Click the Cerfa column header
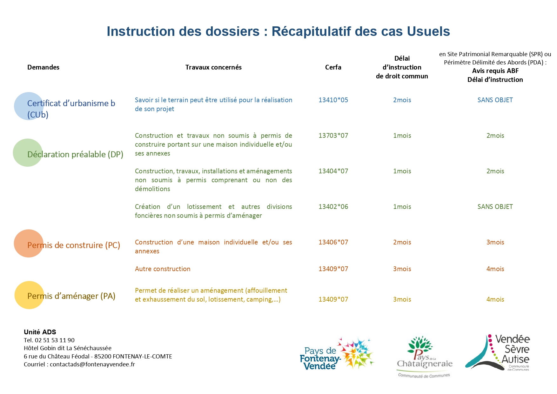(333, 67)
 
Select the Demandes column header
(43, 67)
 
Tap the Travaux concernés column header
(213, 67)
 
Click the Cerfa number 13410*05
(333, 100)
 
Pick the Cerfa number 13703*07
(333, 136)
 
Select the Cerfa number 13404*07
(333, 171)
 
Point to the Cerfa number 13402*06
(333, 207)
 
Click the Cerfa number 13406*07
(333, 242)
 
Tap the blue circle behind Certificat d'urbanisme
(29, 106)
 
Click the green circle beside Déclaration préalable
(28, 153)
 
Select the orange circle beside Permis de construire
(29, 244)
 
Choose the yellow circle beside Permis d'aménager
(29, 295)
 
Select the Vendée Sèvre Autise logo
(498, 352)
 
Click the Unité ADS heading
(40, 332)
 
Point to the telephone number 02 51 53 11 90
(55, 340)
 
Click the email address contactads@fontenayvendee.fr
(92, 364)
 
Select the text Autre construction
(163, 269)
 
